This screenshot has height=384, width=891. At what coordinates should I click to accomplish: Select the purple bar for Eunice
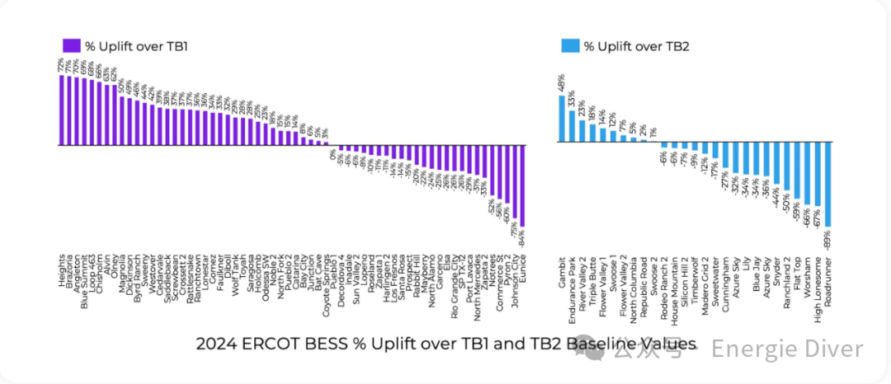pos(522,185)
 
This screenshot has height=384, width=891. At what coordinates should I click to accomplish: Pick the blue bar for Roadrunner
pos(827,185)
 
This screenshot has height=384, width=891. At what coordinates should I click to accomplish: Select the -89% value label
pos(827,241)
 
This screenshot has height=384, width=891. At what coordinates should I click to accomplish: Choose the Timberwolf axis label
pos(695,281)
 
